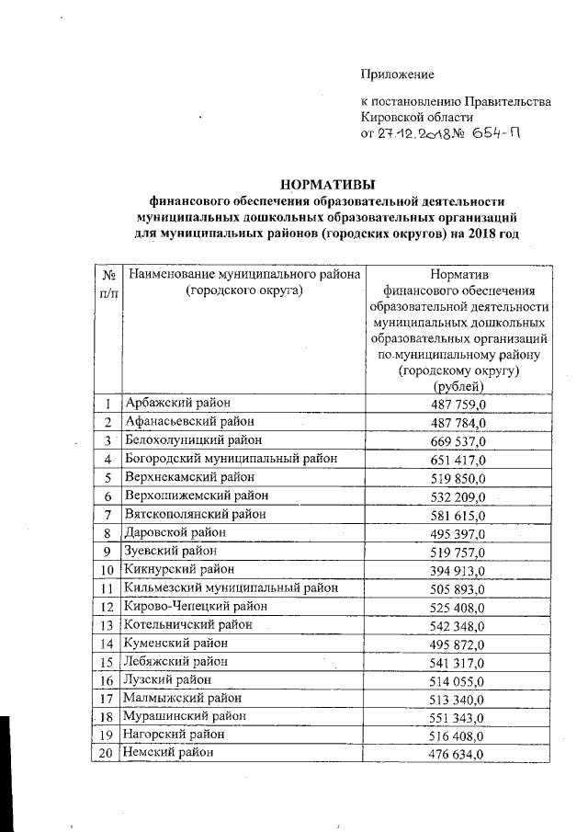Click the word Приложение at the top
point(397,74)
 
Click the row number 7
point(108,514)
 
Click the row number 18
point(108,717)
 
